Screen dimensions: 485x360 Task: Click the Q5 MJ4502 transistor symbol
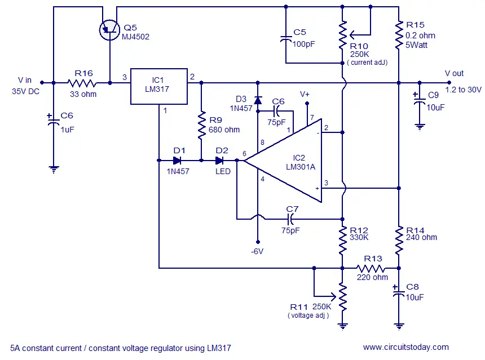coord(109,30)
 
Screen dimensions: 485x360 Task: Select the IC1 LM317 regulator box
coord(159,86)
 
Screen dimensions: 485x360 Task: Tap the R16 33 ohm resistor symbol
coord(82,83)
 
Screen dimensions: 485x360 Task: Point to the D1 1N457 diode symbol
coord(177,161)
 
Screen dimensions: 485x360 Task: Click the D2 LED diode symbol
coord(219,161)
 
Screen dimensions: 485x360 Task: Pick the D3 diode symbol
coord(258,100)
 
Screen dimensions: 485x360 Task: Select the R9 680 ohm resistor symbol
coord(201,124)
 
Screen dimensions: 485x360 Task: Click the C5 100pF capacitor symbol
coord(286,39)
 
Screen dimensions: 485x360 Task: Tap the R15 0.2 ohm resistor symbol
coord(399,35)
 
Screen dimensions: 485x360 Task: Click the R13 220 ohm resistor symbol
coord(371,268)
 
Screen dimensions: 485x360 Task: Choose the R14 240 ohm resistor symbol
coord(399,241)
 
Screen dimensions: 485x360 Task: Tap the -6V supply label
coord(257,251)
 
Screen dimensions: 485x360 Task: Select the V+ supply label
coord(305,94)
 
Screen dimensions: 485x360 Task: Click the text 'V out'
coord(454,74)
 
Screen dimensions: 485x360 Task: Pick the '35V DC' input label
coord(26,91)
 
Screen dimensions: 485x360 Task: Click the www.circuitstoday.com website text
coord(406,347)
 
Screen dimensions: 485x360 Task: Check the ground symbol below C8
coord(399,326)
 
